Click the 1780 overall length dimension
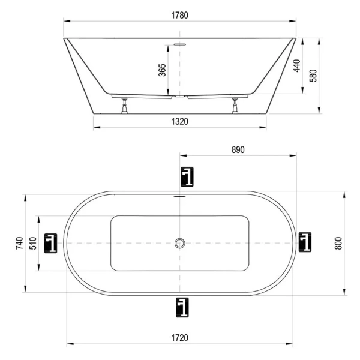180,16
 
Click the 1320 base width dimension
180,121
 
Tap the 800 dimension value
338,242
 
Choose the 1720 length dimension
180,338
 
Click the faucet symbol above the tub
187,176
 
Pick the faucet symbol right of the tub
305,242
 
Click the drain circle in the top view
179,242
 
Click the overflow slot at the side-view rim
179,43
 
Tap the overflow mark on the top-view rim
179,196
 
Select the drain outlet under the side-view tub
179,95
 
